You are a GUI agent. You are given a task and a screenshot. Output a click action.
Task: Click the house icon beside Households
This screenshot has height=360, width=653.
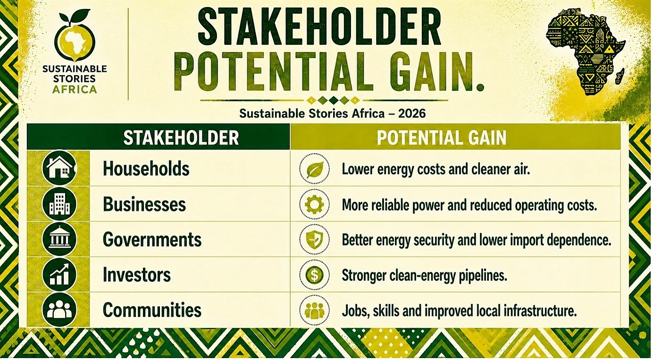pos(59,168)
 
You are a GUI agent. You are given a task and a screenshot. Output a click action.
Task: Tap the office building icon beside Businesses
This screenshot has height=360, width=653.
pos(59,204)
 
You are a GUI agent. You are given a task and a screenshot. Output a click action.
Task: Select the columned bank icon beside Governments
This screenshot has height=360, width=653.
pos(59,239)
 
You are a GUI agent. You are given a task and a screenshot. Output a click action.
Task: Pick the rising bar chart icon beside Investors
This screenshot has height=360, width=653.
pos(59,275)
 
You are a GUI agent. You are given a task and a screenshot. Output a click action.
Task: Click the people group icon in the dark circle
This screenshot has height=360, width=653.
pos(59,310)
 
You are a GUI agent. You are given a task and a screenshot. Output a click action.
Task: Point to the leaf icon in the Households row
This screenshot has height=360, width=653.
pos(315,169)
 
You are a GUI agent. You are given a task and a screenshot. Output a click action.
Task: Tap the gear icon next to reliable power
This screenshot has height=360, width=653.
pos(315,204)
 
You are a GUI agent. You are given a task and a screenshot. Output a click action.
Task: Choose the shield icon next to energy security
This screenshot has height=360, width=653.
pos(315,240)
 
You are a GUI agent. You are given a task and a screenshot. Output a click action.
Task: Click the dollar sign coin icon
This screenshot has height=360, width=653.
pos(315,275)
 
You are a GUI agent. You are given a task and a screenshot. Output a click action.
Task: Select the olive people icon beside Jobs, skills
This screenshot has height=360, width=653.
pos(315,310)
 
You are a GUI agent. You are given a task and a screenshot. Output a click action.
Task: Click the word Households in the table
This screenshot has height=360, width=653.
pos(146,169)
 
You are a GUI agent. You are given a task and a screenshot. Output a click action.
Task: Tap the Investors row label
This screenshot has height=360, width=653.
pos(137,275)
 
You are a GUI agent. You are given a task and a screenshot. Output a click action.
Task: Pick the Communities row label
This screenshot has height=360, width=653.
pos(152,310)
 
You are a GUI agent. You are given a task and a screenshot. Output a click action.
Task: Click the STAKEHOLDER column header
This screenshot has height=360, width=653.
pos(181,138)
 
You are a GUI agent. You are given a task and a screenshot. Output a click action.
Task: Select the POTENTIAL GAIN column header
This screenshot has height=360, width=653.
pos(441,138)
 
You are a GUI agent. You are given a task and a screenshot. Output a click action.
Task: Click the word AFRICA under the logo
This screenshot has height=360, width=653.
pos(75,89)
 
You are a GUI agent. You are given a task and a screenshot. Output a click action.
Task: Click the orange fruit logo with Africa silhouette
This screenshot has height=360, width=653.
pos(75,38)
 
